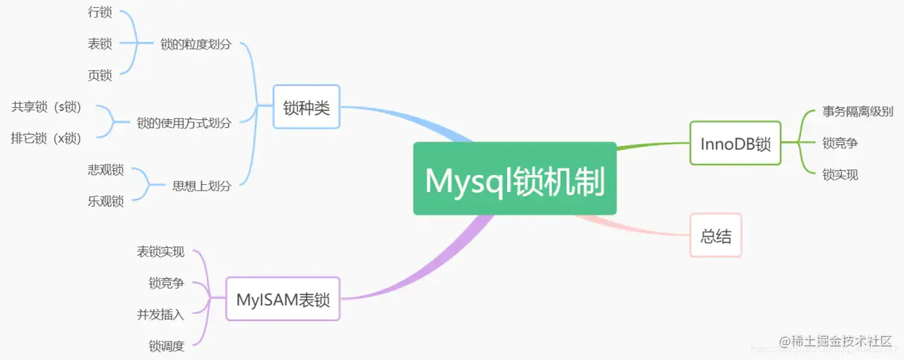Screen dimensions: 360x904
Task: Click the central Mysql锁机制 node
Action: (x=514, y=179)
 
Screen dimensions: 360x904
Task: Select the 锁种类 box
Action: (x=307, y=108)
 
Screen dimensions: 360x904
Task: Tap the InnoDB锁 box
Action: (x=735, y=143)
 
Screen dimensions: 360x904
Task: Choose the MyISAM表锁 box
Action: (x=282, y=299)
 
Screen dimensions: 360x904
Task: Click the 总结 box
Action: (x=715, y=236)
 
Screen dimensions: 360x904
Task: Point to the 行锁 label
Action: (x=100, y=13)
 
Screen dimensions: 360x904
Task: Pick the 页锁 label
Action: (x=100, y=75)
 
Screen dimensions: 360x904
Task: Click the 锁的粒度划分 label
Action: (x=196, y=44)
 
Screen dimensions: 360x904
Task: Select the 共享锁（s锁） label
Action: (x=47, y=107)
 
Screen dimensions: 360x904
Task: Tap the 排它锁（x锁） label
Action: (x=46, y=138)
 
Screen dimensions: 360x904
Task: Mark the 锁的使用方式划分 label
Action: (x=184, y=123)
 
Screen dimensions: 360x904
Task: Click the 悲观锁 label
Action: (x=106, y=170)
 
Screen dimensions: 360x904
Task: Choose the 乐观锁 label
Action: (x=106, y=201)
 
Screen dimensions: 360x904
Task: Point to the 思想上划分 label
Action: (x=201, y=186)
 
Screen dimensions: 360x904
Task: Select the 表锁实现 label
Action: (x=160, y=252)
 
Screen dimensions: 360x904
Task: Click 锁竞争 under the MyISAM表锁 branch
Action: (x=166, y=283)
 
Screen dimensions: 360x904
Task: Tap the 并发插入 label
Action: (x=160, y=315)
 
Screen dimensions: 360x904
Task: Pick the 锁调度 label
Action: (x=166, y=346)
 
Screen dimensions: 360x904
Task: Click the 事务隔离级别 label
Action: (x=857, y=112)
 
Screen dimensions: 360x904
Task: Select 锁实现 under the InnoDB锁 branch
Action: (x=840, y=174)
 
